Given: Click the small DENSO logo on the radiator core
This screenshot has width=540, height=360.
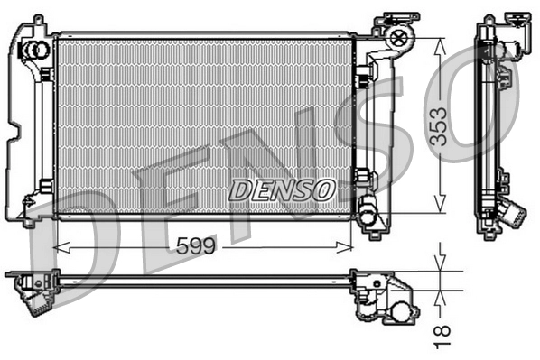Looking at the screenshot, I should click(x=282, y=189).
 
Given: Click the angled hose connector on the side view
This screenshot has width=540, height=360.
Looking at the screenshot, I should click(x=512, y=215).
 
